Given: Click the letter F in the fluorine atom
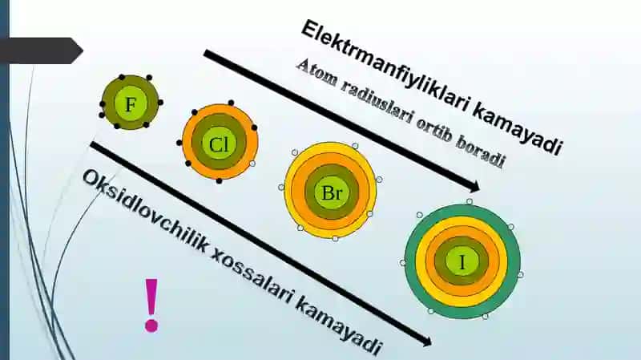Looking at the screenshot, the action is click(130, 105).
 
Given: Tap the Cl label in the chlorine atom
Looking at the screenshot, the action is click(219, 144).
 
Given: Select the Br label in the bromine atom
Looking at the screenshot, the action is click(332, 192).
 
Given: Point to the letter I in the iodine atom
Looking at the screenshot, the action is click(462, 262).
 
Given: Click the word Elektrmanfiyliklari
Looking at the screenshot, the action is click(386, 67).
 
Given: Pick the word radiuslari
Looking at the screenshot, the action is click(375, 104).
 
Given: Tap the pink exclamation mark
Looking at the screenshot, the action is click(151, 305).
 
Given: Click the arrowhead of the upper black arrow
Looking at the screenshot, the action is click(474, 187).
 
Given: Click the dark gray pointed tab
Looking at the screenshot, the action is click(41, 51).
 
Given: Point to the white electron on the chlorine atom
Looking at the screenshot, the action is click(252, 164).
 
